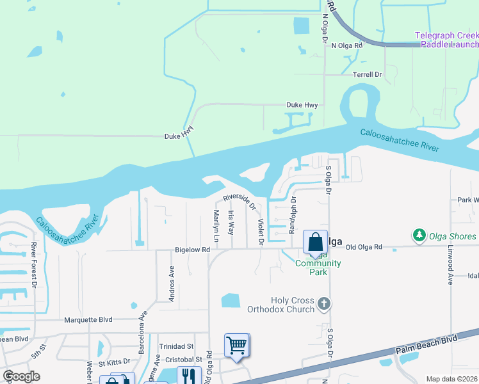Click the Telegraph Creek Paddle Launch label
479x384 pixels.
click(x=446, y=40)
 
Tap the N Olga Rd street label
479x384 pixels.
click(x=346, y=45)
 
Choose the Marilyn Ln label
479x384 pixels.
click(x=216, y=226)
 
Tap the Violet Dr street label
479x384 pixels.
click(x=261, y=231)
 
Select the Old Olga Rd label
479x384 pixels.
click(x=363, y=246)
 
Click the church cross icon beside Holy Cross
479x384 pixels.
click(x=324, y=303)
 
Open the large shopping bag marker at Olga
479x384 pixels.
click(x=315, y=243)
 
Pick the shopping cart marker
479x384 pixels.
click(x=237, y=346)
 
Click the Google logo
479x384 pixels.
click(x=21, y=376)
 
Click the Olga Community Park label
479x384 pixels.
click(x=318, y=268)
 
